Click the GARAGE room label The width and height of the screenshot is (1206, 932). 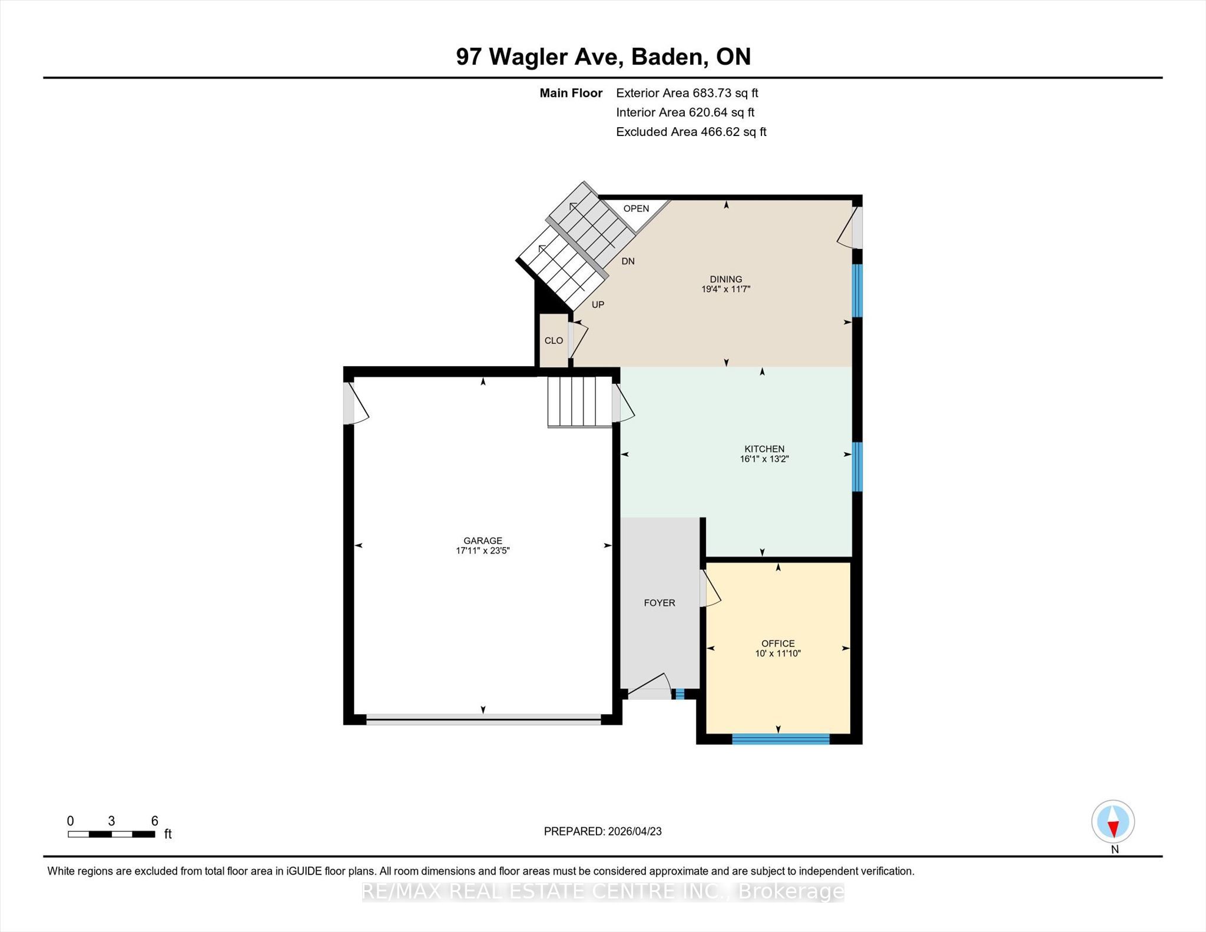point(483,540)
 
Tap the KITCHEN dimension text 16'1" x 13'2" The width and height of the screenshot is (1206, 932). point(764,459)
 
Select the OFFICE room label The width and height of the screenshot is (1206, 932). point(778,644)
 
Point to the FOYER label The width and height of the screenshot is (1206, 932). point(660,603)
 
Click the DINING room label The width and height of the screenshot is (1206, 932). point(726,279)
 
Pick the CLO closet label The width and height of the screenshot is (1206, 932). point(554,341)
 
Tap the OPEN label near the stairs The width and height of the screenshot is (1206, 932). point(637,208)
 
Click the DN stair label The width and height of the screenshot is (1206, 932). point(628,261)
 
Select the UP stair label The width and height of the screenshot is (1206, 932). point(598,305)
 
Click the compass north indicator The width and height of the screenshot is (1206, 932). point(1113,822)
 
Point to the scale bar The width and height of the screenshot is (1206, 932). point(111,834)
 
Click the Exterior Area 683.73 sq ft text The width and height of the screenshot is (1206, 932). point(687,93)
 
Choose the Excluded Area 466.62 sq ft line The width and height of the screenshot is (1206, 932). point(691,132)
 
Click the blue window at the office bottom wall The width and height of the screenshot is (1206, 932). point(781,739)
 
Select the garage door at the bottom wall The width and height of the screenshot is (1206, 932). point(483,719)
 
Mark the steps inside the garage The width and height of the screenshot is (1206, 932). point(580,402)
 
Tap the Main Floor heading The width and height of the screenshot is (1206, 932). point(571,93)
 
